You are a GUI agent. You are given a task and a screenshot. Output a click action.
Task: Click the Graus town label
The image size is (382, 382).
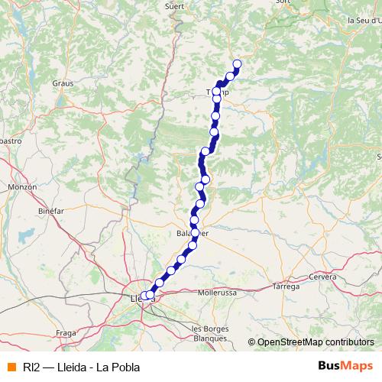[x=61, y=83]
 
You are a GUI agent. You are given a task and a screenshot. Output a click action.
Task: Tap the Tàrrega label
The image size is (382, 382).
[x=286, y=286]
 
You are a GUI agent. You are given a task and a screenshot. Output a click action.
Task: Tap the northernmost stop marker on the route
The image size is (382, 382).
[x=237, y=64]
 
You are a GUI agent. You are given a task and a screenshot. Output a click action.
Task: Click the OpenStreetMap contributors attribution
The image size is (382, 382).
[x=315, y=342]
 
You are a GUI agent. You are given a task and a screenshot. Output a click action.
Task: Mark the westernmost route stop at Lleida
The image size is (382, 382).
[x=144, y=296]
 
